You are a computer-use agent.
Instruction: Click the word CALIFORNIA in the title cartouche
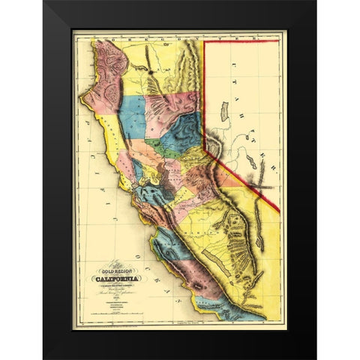click(x=114, y=277)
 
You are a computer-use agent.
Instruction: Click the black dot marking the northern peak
click(x=150, y=72)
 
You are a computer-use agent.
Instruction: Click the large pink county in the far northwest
click(x=106, y=71)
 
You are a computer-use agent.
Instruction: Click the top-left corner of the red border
click(x=205, y=42)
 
